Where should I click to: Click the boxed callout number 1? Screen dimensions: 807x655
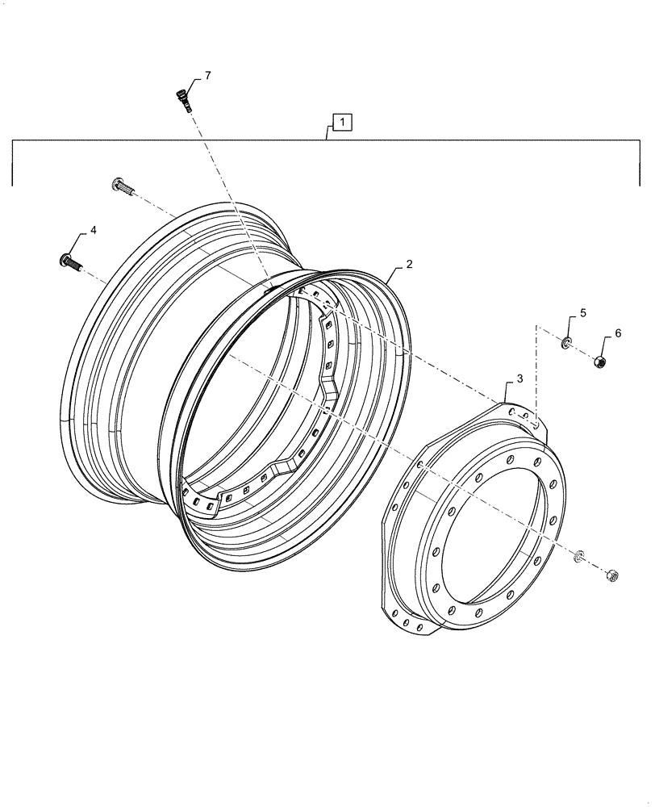tap(342, 123)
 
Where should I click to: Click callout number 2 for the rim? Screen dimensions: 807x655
tap(410, 264)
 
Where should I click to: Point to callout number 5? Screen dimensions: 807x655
tap(583, 312)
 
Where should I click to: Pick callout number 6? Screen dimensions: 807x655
tap(618, 332)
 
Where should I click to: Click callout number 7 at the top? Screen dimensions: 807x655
tap(207, 76)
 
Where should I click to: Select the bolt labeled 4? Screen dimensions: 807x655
tap(68, 261)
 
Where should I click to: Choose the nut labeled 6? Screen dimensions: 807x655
tap(601, 362)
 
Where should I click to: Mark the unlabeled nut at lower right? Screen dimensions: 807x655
tap(612, 575)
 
